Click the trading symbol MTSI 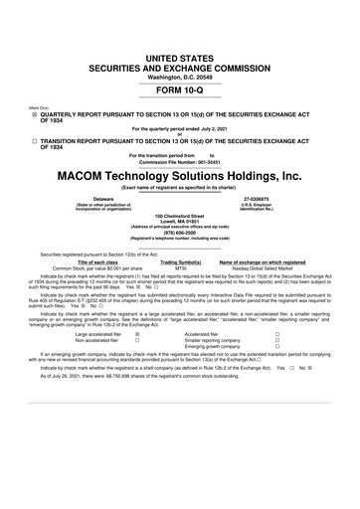181,267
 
